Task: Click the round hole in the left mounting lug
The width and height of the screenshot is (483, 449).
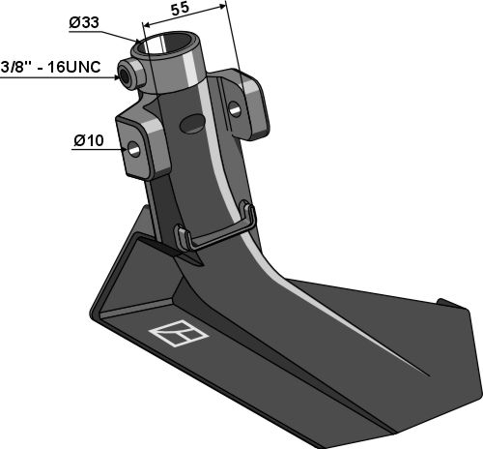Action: (133, 148)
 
